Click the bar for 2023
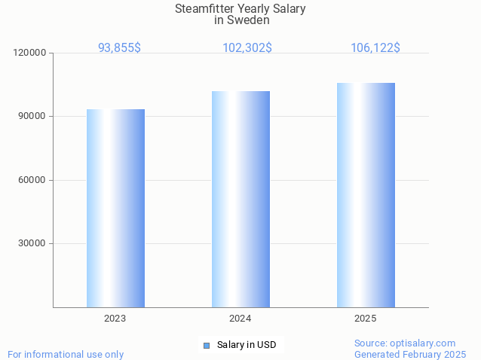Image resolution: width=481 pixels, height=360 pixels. click(x=115, y=208)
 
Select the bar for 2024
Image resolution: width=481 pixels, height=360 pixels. click(x=240, y=199)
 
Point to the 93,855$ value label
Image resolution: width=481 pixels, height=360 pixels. click(x=119, y=47)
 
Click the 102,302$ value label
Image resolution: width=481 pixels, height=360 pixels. click(x=247, y=47)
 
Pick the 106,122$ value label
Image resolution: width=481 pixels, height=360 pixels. click(x=375, y=47)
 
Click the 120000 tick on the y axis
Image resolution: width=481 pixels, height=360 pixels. click(x=30, y=53)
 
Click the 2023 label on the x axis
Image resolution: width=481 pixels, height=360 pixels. click(x=115, y=319)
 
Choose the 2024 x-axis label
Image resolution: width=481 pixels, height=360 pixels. click(x=240, y=319)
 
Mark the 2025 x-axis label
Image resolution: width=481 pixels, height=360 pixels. click(x=366, y=319)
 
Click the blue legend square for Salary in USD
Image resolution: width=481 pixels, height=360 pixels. click(x=206, y=346)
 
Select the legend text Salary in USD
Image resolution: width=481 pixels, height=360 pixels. click(x=247, y=345)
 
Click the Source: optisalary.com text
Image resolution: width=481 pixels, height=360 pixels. click(x=405, y=343)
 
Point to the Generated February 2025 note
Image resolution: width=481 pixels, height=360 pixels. click(x=410, y=354)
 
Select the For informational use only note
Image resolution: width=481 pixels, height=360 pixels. click(x=66, y=354)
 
